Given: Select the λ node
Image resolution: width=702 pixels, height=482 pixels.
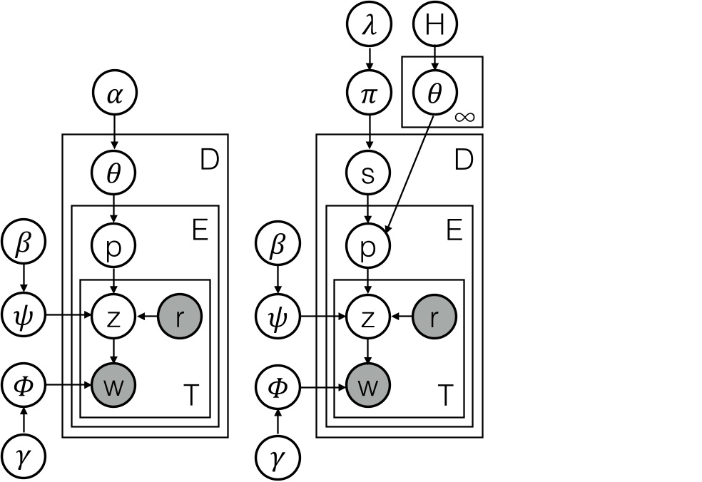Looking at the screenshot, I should (368, 25).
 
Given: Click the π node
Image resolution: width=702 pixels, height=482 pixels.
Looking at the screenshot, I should (368, 95).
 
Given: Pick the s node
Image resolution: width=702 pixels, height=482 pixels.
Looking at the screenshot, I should (368, 173).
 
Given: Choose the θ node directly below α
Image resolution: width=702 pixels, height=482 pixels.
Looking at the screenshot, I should (113, 173).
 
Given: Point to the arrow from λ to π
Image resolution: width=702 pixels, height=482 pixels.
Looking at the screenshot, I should (368, 60).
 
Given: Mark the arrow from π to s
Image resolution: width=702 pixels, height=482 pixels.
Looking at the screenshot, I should (368, 134).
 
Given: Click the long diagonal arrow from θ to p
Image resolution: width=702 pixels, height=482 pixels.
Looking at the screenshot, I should (410, 171).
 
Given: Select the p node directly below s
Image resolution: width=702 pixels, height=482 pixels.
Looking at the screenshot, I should (368, 246).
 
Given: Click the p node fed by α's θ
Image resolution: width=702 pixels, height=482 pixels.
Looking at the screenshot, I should (113, 246).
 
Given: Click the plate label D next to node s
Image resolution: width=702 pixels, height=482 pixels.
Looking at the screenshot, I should (464, 160).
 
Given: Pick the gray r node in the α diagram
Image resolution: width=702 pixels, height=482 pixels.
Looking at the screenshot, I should (180, 314).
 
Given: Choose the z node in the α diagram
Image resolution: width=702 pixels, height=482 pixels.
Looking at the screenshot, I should (113, 314).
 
